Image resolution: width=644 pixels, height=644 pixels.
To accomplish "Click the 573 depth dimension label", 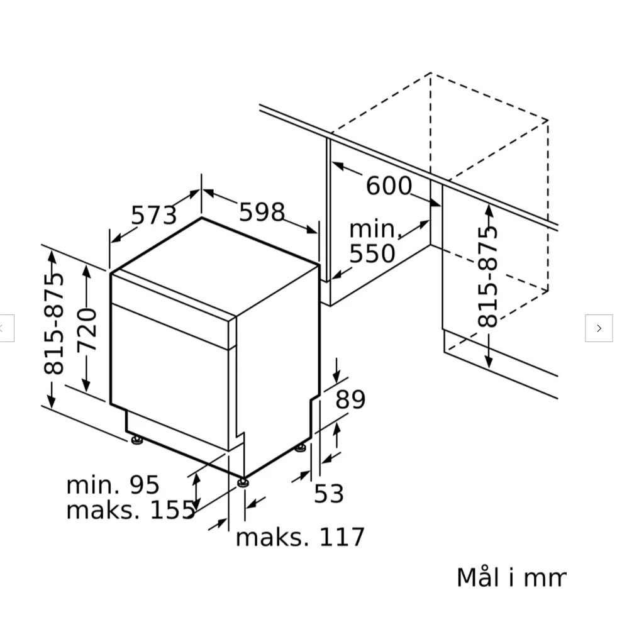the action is point(154,215).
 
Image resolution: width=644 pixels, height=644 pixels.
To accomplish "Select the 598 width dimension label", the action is point(262,212).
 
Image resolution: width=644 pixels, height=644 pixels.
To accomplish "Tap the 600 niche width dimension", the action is point(389,186).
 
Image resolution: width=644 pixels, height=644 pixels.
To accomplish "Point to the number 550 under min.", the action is point(372,253).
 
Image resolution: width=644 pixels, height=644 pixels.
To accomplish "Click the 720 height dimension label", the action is point(87,330).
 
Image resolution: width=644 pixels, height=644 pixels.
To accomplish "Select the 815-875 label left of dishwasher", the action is point(54,324).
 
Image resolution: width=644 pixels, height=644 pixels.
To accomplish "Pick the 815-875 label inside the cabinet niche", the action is point(487,277).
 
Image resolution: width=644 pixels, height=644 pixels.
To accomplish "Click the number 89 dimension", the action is point(350,399).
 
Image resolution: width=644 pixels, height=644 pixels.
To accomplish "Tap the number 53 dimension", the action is point(328,493).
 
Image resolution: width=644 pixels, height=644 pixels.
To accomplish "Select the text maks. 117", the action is point(300,537).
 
